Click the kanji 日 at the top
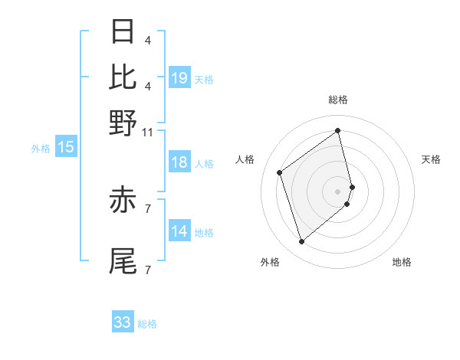123,32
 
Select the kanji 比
123,77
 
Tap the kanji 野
123,123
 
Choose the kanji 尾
123,260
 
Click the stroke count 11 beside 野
148,133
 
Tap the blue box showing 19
179,77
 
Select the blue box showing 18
179,162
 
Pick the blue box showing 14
179,231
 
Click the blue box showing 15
66,148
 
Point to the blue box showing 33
123,322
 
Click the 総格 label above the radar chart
338,100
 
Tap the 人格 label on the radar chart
245,159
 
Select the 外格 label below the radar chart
270,262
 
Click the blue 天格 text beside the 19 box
204,79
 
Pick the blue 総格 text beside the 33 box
147,324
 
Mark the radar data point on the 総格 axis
338,130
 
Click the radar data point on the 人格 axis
280,172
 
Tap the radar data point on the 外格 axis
301,242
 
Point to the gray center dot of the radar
338,191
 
